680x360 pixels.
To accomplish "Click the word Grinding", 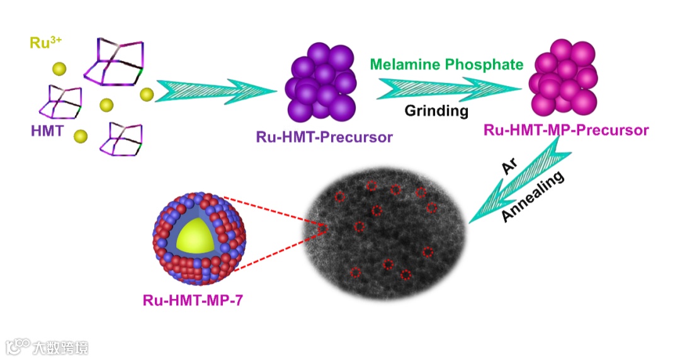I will [436, 111].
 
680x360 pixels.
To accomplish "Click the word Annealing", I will [534, 196].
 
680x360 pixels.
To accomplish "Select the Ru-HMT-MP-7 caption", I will [192, 301].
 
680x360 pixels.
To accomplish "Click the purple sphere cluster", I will [321, 82].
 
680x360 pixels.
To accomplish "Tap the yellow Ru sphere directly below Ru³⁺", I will [59, 69].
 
